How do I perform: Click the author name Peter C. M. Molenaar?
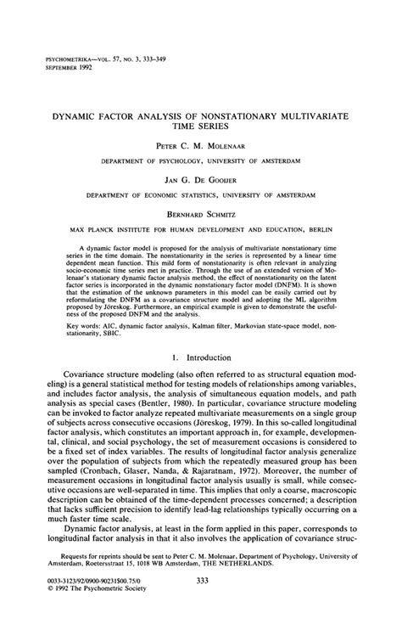click(x=201, y=145)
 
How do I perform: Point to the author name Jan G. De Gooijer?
click(x=201, y=180)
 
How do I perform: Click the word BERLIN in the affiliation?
click(x=314, y=229)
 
